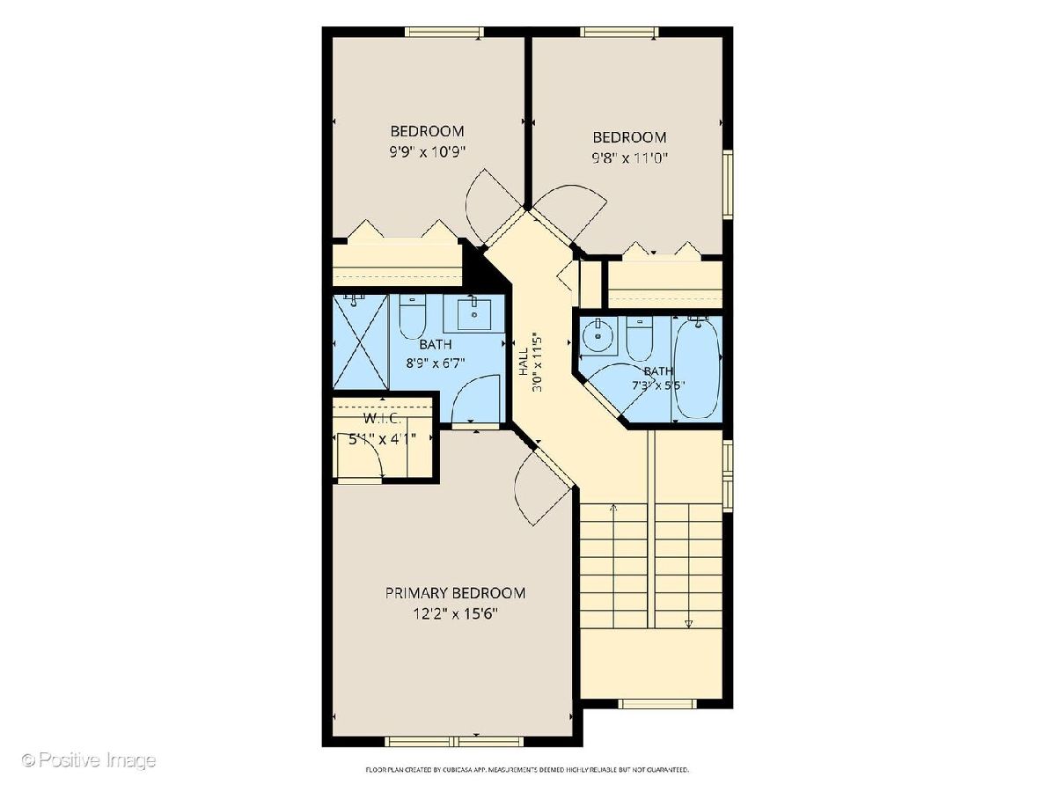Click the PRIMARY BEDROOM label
click(455, 592)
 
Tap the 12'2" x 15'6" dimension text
click(455, 614)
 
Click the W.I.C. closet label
click(382, 418)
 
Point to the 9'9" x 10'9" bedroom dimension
click(427, 152)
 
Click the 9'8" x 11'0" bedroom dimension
click(629, 158)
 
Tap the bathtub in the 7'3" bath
click(697, 370)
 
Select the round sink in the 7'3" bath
click(598, 335)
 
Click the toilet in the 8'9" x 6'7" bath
click(413, 317)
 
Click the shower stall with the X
click(360, 342)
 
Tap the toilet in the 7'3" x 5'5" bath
click(640, 339)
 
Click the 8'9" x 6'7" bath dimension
click(436, 363)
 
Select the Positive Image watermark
click(90, 759)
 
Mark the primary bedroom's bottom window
click(455, 755)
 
